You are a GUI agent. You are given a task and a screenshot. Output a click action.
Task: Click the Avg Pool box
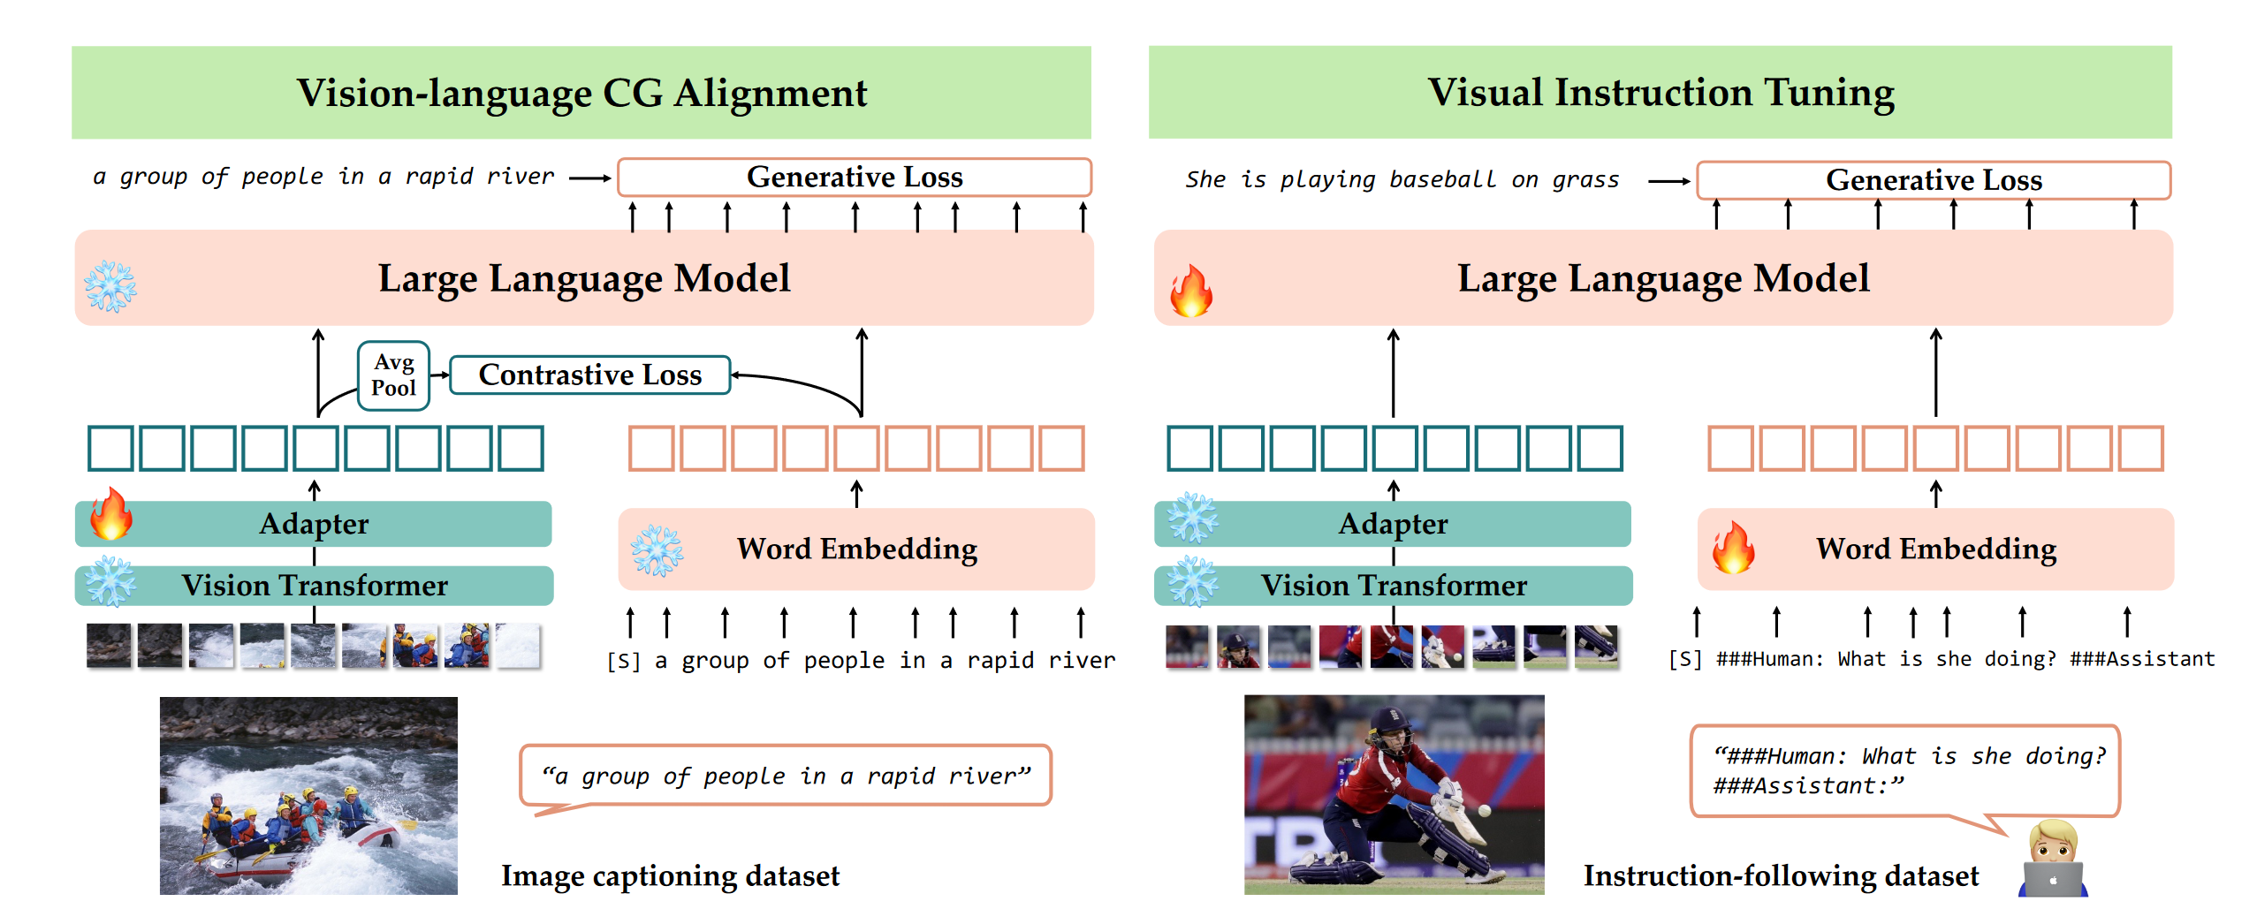(393, 375)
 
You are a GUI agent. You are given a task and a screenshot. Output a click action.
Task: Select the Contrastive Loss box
(590, 375)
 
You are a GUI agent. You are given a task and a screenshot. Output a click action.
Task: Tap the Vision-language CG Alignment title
(581, 93)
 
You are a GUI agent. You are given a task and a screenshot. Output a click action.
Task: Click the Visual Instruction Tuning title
(1660, 93)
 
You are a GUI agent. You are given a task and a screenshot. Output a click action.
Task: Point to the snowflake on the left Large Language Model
(110, 286)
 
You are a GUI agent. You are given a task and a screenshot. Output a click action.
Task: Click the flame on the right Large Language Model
(1191, 290)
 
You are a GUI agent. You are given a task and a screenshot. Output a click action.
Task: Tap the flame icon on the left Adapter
(110, 514)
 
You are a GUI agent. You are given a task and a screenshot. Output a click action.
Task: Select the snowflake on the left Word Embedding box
(657, 550)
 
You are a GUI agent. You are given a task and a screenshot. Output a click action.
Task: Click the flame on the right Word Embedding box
(1734, 547)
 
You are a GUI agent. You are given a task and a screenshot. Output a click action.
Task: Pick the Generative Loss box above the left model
(855, 178)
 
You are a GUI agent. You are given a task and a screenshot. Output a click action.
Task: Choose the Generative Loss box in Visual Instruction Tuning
(1934, 180)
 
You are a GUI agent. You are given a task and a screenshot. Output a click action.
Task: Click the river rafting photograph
(308, 796)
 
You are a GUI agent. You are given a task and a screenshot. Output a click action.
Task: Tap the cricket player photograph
(1394, 795)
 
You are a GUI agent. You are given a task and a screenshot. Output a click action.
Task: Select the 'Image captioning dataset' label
(671, 876)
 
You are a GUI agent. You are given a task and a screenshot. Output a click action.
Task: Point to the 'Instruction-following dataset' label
(1781, 876)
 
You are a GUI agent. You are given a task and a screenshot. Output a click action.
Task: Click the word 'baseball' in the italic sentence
(1443, 180)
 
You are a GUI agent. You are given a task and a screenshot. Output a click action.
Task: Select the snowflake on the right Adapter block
(1193, 518)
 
